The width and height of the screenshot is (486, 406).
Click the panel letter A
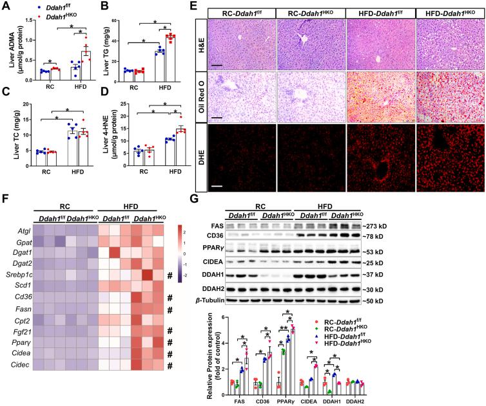click(6, 7)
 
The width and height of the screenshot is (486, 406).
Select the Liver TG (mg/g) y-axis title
click(112, 44)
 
